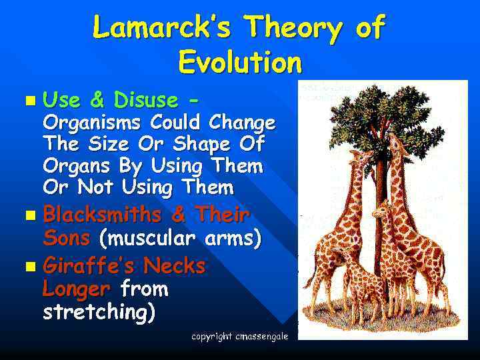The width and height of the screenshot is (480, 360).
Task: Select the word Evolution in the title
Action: tap(240, 63)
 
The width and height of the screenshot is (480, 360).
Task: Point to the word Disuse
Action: tap(146, 101)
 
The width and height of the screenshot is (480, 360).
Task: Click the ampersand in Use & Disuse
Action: tap(97, 101)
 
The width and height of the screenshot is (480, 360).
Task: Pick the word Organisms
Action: tap(93, 123)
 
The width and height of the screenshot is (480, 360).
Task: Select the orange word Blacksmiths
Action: tap(102, 215)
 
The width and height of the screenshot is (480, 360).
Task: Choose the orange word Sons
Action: tap(66, 238)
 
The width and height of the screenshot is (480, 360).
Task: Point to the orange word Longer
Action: tap(75, 289)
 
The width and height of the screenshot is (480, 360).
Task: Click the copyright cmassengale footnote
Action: tap(239, 337)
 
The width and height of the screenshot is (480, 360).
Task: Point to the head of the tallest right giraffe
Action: tap(395, 141)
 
